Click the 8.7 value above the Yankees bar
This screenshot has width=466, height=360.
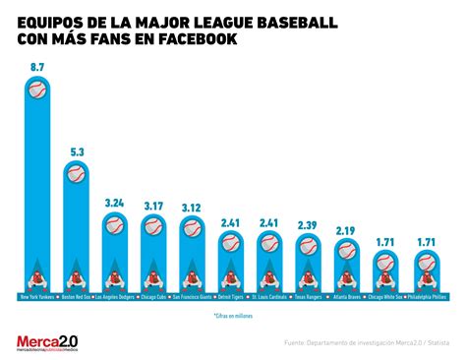coord(36,67)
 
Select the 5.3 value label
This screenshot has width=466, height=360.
coord(76,150)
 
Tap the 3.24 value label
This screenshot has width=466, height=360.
coord(114,204)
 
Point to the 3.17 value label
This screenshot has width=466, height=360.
coord(152,206)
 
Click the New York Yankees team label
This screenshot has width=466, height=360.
coord(36,294)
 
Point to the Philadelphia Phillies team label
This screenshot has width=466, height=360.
coord(424,294)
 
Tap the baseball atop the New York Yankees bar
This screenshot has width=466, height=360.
coord(37,90)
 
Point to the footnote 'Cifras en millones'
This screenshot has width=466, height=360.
coord(232,316)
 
